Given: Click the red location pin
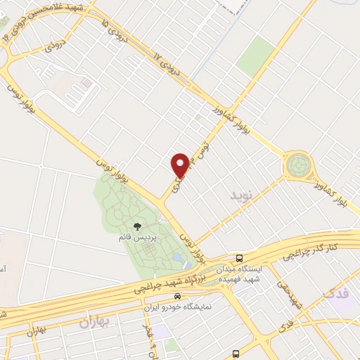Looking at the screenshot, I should [x=180, y=165].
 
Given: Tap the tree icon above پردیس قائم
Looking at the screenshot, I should [x=136, y=226].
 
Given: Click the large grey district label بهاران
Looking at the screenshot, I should [x=95, y=323].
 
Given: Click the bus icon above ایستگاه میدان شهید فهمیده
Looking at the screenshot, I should [x=240, y=258].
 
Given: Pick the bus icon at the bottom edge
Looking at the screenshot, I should [x=235, y=354].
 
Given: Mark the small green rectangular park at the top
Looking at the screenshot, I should [x=255, y=57].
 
